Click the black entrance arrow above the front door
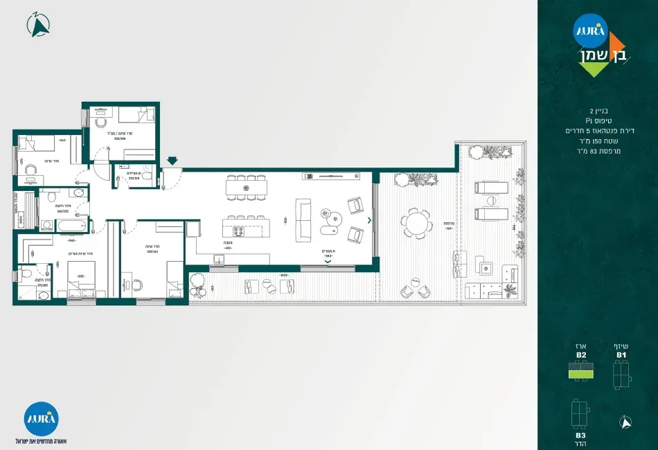pyautogui.click(x=172, y=161)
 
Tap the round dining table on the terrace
pyautogui.click(x=416, y=224)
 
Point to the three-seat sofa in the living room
pyautogui.click(x=303, y=220)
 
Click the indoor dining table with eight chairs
pyautogui.click(x=247, y=188)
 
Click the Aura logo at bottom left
pyautogui.click(x=41, y=418)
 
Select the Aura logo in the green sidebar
pyautogui.click(x=590, y=30)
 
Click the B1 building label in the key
pyautogui.click(x=621, y=354)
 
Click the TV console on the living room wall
pyautogui.click(x=330, y=177)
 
